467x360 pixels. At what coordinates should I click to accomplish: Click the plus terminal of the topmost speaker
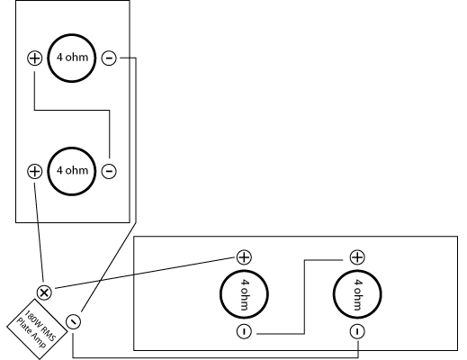(35, 58)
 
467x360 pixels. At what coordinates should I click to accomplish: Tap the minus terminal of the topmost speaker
(109, 58)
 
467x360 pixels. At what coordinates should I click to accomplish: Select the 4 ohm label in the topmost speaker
(72, 57)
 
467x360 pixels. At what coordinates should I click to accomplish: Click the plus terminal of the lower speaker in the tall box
(35, 171)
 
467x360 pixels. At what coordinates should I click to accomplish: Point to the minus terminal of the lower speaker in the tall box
(109, 171)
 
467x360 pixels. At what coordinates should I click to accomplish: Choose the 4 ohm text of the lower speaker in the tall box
(72, 170)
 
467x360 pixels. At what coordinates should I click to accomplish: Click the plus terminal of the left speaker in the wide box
(244, 257)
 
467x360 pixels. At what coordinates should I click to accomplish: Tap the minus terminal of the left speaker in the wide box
(244, 331)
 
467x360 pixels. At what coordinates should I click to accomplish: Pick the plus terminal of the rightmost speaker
(357, 257)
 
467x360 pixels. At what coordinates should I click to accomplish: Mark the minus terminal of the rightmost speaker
(357, 331)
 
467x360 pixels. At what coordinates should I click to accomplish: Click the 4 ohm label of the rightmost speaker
(357, 294)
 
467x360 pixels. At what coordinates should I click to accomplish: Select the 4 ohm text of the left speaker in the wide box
(245, 294)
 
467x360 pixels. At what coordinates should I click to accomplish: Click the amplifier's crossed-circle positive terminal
(44, 292)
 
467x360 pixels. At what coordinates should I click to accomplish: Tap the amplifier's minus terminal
(73, 321)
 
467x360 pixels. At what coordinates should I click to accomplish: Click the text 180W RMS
(40, 326)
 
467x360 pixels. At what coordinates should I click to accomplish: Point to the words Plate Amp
(31, 334)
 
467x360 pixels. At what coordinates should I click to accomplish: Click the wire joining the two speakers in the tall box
(72, 111)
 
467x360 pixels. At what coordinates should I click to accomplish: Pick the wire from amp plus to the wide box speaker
(145, 273)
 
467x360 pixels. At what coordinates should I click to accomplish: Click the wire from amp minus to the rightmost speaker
(215, 357)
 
